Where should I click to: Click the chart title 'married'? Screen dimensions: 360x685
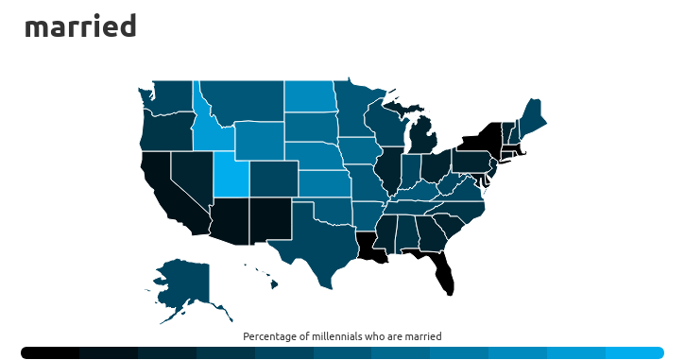tap(80, 26)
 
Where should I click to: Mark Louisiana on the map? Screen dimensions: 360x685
tap(369, 248)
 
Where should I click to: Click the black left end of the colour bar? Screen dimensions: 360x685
tap(38, 352)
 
